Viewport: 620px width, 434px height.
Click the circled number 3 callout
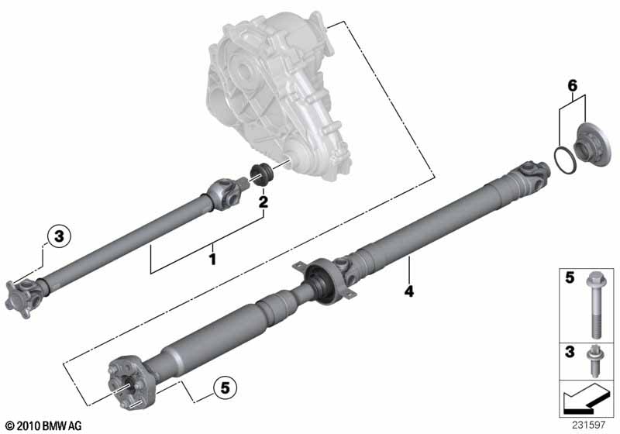point(59,236)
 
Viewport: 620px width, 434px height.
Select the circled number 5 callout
point(225,387)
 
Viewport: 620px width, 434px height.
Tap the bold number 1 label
point(212,260)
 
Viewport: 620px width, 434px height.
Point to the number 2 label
point(263,202)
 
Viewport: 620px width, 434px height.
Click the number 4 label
point(409,291)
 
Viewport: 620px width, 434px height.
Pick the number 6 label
point(572,85)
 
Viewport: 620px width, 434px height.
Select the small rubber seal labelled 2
point(261,174)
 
